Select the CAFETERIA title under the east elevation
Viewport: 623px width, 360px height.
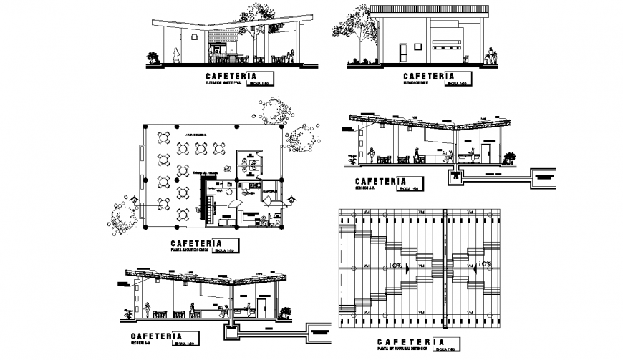pyautogui.click(x=429, y=76)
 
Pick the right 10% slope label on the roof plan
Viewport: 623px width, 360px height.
pyautogui.click(x=484, y=265)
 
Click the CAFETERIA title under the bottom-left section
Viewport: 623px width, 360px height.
pyautogui.click(x=152, y=335)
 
